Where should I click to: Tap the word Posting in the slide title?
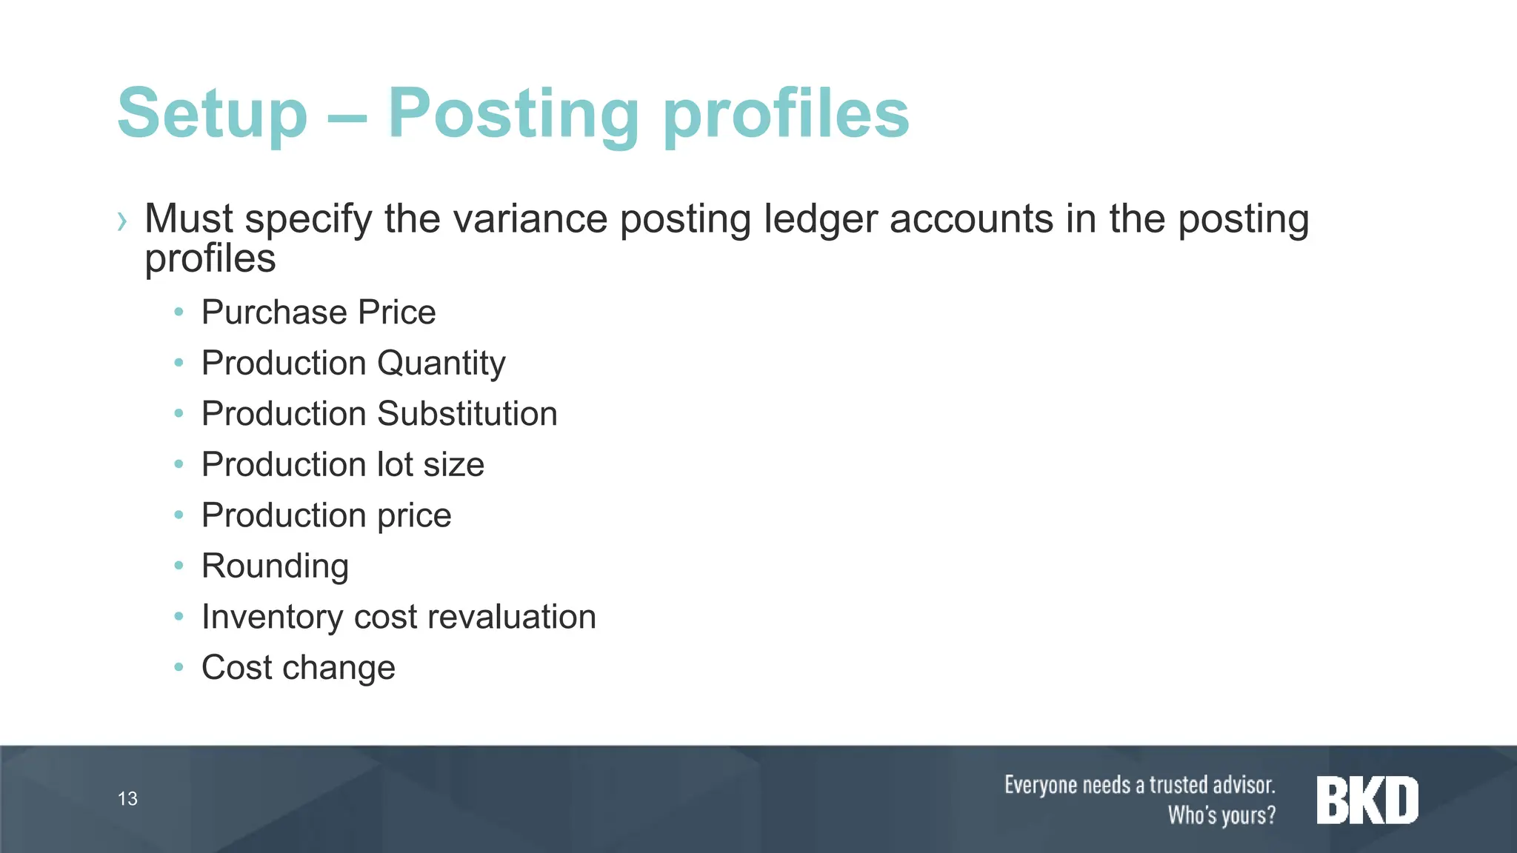tap(513, 115)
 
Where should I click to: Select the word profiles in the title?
tap(786, 115)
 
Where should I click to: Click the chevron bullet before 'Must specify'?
tap(122, 221)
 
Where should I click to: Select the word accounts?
tap(971, 219)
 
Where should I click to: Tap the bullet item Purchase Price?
tap(319, 312)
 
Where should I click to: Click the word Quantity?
tap(441, 364)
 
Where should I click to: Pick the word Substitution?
tap(467, 414)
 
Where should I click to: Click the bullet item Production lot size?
tap(343, 465)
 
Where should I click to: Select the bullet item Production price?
tap(327, 515)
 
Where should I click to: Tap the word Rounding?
tap(275, 566)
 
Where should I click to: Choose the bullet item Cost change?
tap(299, 668)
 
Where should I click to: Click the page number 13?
tap(127, 799)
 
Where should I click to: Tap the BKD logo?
tap(1367, 800)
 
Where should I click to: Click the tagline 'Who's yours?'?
tap(1221, 815)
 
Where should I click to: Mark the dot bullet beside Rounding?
tap(179, 566)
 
